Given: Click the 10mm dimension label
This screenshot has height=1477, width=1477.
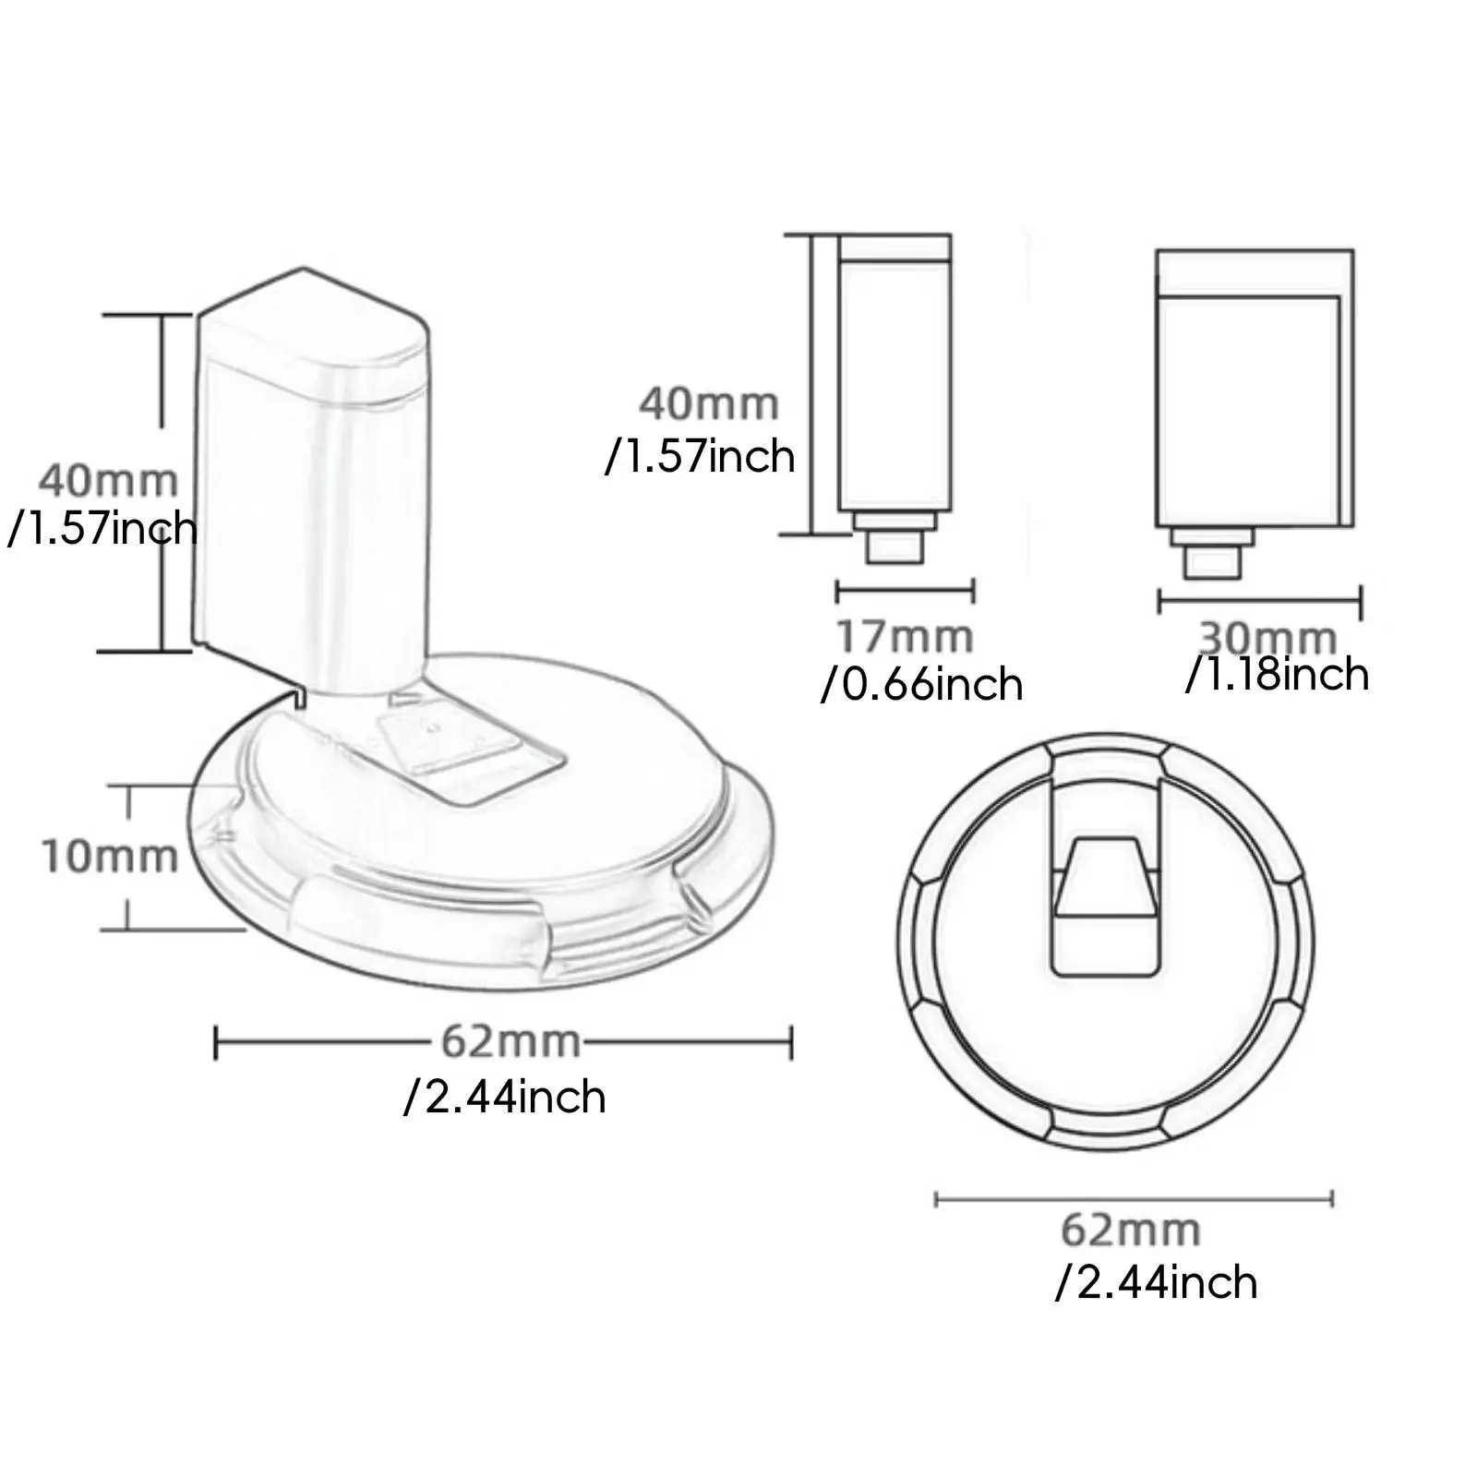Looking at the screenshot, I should click(x=109, y=857).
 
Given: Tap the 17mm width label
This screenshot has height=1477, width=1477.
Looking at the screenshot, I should click(x=904, y=637).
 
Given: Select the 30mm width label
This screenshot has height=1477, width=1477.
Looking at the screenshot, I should click(x=1267, y=636).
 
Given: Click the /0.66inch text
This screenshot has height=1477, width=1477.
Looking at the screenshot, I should click(x=921, y=685).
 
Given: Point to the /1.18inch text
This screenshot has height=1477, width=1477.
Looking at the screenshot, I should click(x=1277, y=675).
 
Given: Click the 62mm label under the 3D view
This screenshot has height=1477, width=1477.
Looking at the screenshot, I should click(x=510, y=1042).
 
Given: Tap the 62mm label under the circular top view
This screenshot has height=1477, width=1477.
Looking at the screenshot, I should click(x=1130, y=1231).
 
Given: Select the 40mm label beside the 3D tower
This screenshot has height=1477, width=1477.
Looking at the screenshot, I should click(x=108, y=481).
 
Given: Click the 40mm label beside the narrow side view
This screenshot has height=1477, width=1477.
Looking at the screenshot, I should click(x=709, y=404).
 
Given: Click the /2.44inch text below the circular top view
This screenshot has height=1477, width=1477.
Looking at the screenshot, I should click(x=1156, y=1283).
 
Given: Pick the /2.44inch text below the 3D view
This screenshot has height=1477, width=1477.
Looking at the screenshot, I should click(x=505, y=1098).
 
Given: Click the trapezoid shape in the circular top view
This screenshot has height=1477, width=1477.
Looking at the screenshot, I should click(x=1104, y=877).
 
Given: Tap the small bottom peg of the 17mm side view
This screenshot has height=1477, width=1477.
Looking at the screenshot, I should click(x=894, y=548).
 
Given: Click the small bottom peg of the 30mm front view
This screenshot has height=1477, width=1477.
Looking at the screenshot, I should click(x=1212, y=561).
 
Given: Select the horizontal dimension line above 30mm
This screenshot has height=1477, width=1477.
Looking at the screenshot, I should click(x=1260, y=602).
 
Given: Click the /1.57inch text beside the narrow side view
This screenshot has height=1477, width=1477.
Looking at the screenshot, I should click(x=700, y=456).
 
